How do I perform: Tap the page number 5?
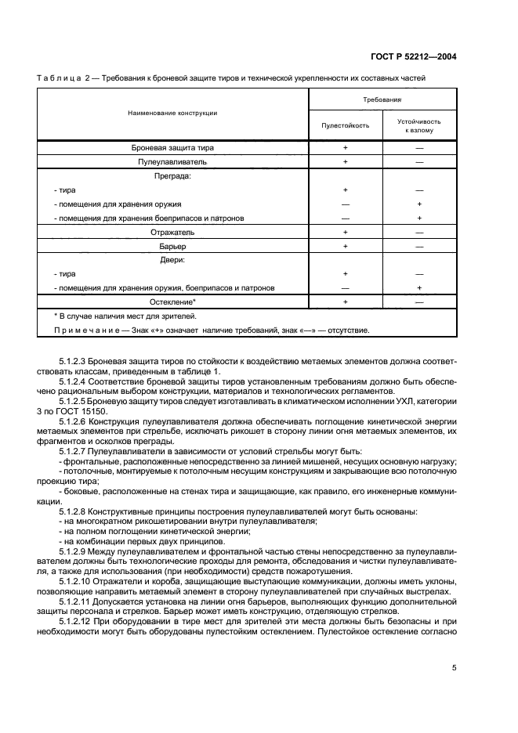click(x=455, y=668)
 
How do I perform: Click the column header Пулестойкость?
click(x=345, y=125)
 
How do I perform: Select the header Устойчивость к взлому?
click(x=419, y=126)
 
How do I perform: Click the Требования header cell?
click(x=382, y=100)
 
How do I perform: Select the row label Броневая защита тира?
click(x=172, y=147)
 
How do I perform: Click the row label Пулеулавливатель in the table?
click(x=172, y=161)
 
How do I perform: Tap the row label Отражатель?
click(x=172, y=232)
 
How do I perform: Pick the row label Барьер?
click(x=172, y=246)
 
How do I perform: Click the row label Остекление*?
click(x=172, y=302)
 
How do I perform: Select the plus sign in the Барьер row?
click(x=345, y=246)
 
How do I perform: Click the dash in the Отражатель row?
click(x=419, y=233)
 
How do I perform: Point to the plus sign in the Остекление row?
click(x=345, y=302)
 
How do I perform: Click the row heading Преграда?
click(x=172, y=175)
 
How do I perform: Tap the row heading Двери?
click(x=172, y=259)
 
